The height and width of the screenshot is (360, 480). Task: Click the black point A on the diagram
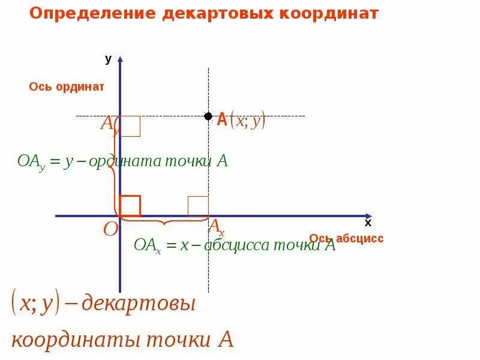(208, 116)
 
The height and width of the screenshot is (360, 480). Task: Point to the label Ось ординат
(67, 86)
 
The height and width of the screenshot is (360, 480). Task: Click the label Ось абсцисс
(346, 238)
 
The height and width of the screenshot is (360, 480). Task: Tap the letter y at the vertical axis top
(108, 59)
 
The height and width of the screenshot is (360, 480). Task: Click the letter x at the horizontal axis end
(368, 223)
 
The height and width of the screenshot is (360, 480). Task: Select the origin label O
(110, 230)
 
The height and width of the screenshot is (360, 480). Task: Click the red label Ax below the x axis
(216, 227)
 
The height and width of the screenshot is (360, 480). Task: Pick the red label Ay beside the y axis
(110, 124)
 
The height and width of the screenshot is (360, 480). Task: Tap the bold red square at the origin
(130, 206)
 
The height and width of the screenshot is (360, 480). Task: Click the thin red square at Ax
(198, 206)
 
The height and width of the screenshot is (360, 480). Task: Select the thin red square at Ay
(130, 126)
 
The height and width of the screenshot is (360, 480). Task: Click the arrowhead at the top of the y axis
(120, 59)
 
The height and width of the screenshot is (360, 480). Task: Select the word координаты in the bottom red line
(72, 340)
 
